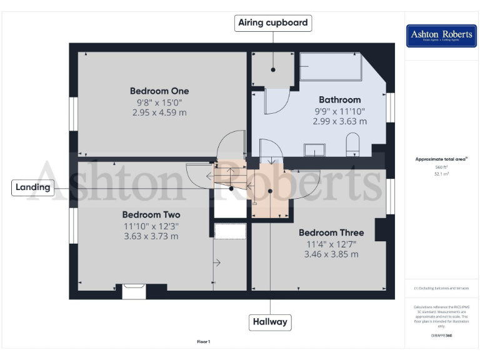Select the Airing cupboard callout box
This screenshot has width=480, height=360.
pyautogui.click(x=273, y=23)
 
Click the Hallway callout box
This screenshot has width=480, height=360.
pyautogui.click(x=270, y=322)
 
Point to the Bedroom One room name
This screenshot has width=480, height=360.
pyautogui.click(x=159, y=91)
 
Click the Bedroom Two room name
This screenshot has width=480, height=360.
pyautogui.click(x=151, y=214)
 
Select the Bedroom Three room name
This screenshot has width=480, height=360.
pyautogui.click(x=331, y=232)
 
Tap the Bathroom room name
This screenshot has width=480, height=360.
pyautogui.click(x=339, y=99)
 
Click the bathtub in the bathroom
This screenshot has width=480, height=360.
pyautogui.click(x=331, y=66)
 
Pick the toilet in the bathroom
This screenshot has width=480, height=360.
pyautogui.click(x=352, y=144)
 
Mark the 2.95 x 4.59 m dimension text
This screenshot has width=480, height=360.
pyautogui.click(x=159, y=113)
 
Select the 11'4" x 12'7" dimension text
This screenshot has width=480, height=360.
pyautogui.click(x=331, y=244)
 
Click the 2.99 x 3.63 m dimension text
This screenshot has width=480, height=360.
pyautogui.click(x=339, y=121)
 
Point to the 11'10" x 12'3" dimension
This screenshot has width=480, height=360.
pyautogui.click(x=151, y=226)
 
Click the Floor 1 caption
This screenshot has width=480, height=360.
pyautogui.click(x=204, y=341)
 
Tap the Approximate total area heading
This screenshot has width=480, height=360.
pyautogui.click(x=441, y=159)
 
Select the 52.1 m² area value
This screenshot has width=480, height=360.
pyautogui.click(x=442, y=174)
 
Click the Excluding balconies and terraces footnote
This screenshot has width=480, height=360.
pyautogui.click(x=441, y=288)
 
